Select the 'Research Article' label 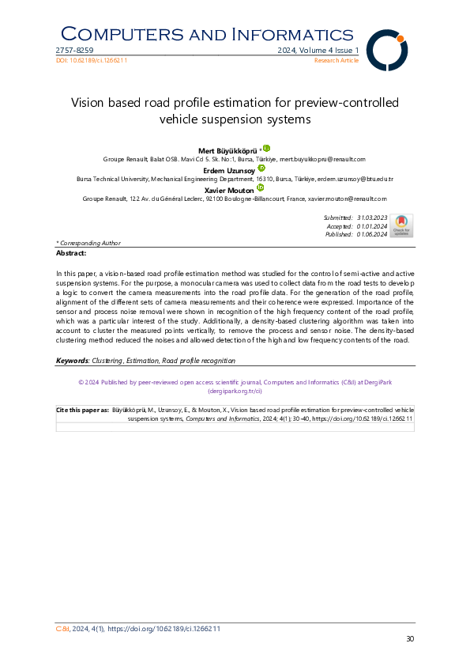(337, 60)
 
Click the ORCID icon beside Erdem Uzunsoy (261, 168)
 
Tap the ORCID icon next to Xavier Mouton (260, 187)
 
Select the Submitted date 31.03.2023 (370, 217)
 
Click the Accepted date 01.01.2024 (370, 225)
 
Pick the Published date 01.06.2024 (370, 234)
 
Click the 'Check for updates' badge (401, 225)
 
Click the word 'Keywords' (72, 361)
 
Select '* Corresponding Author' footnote (88, 243)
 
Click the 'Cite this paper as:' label (83, 411)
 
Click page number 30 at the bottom (409, 639)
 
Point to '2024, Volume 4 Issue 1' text (318, 51)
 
